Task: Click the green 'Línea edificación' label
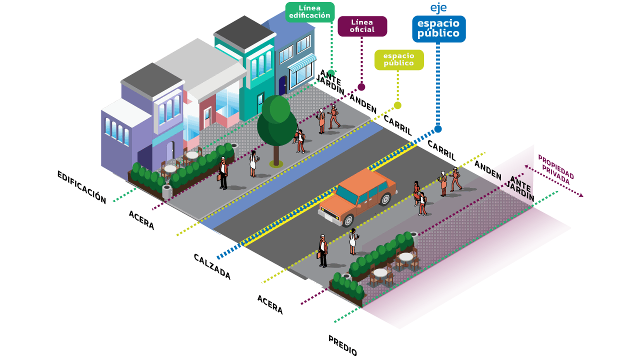[x=309, y=12]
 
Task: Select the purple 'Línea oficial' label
[x=362, y=26]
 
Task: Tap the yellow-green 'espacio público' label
[x=398, y=59]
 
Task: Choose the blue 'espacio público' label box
[x=438, y=29]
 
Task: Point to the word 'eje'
[x=438, y=8]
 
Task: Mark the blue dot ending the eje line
[x=438, y=129]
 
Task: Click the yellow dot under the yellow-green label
[x=397, y=105]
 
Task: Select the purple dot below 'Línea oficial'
[x=361, y=87]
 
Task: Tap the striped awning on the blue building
[x=301, y=62]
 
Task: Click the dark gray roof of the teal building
[x=244, y=31]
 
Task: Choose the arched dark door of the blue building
[x=282, y=85]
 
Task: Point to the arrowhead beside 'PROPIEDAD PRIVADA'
[x=580, y=195]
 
